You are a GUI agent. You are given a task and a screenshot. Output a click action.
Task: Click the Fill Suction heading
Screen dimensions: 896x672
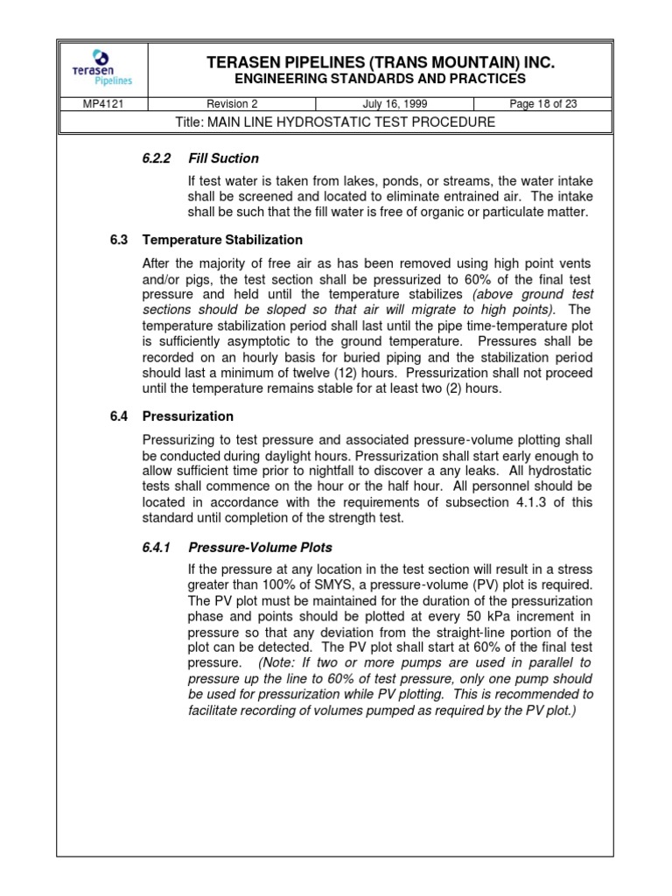coord(223,158)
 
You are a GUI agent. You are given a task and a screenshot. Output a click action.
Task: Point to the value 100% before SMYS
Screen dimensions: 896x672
coord(272,584)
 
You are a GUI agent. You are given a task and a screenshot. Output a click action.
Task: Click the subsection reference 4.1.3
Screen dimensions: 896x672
coord(528,501)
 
